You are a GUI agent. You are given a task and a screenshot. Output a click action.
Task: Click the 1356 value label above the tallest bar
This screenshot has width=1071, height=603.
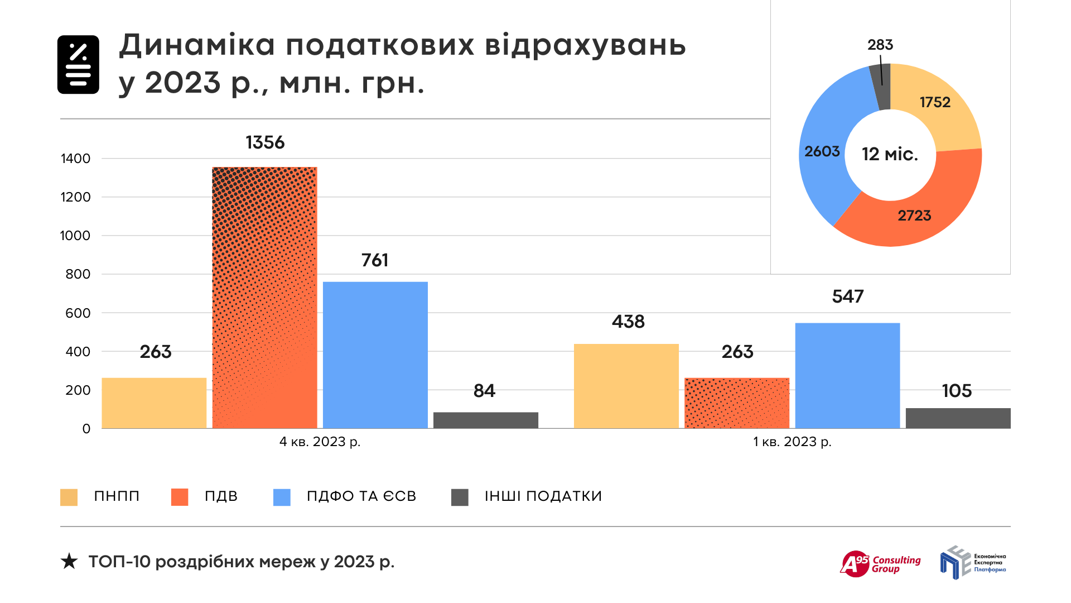pos(265,142)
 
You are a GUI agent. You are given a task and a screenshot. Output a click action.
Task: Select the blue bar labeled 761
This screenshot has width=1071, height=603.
pos(375,355)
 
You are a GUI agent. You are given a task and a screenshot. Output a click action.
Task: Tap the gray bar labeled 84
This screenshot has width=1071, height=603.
pos(485,420)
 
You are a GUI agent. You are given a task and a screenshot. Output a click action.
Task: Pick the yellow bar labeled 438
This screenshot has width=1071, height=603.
pos(626,386)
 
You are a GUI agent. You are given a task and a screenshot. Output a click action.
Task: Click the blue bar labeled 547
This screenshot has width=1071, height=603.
pos(847,375)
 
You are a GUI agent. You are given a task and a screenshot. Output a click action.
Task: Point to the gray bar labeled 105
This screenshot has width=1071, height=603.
pos(958,418)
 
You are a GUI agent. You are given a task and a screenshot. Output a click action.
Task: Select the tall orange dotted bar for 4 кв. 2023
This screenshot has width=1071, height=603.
pos(265,298)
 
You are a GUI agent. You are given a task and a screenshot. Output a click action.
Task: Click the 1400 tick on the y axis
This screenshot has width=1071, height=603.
pos(75,159)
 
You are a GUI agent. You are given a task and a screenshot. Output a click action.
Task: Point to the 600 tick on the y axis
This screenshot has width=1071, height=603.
pos(78,313)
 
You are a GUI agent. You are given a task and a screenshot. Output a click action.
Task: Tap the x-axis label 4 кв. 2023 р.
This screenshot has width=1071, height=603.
pos(320,442)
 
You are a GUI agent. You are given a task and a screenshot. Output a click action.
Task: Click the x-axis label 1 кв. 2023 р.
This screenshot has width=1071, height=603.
pos(792,442)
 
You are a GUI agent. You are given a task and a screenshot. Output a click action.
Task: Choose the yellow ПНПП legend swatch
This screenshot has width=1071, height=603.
pos(69,497)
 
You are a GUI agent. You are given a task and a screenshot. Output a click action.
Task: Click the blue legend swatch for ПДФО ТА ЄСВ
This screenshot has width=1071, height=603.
pos(282,497)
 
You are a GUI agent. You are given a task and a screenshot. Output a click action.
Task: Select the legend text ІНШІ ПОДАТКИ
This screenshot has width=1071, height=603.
pos(543,496)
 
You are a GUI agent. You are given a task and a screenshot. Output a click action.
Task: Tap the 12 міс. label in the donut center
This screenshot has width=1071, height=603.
pos(890,154)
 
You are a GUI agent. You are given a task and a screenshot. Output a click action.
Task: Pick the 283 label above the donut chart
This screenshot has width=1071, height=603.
pos(880,45)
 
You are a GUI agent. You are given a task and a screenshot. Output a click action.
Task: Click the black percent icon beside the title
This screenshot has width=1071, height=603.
pos(78,65)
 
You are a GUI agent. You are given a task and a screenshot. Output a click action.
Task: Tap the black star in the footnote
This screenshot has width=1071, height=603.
pos(69,561)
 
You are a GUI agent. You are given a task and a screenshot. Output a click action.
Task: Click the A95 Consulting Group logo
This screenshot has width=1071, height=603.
pos(880,564)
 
